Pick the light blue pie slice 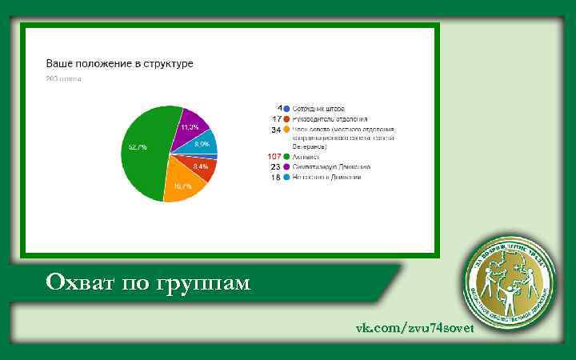tap(203, 144)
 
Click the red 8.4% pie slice tap(201, 167)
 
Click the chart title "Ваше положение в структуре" tap(119, 62)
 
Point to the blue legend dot tap(286, 107)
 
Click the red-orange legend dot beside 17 tap(286, 118)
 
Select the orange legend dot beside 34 tap(286, 129)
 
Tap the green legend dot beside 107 tap(286, 157)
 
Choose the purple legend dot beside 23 tap(286, 166)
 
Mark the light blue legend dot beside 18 tap(286, 177)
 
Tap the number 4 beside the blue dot tap(278, 107)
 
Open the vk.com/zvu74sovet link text tap(415, 328)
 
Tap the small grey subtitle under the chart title tap(64, 78)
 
